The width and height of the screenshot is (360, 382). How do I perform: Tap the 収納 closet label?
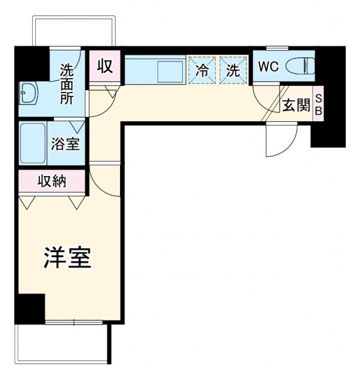click(x=53, y=181)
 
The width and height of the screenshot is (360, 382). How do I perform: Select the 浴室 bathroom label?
click(x=66, y=144)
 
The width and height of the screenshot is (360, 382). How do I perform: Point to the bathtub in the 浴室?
click(x=33, y=143)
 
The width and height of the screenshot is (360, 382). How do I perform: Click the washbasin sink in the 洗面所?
click(x=28, y=94)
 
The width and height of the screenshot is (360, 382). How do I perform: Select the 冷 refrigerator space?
click(x=202, y=70)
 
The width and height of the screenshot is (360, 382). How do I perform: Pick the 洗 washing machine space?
click(x=233, y=70)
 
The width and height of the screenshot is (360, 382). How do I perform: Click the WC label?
click(x=269, y=67)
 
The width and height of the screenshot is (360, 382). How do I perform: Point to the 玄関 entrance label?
click(x=296, y=106)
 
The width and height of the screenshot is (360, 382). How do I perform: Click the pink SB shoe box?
click(x=318, y=106)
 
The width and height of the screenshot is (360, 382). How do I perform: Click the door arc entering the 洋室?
click(x=106, y=179)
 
